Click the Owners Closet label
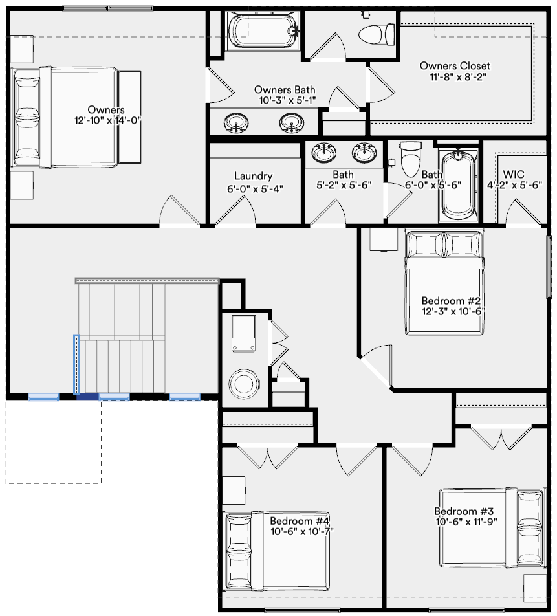(x=455, y=66)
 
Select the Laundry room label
(x=253, y=176)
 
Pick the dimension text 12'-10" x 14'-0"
(x=107, y=120)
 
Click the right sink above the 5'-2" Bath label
(x=364, y=153)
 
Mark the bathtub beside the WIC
(x=458, y=184)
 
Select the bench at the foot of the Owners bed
(x=129, y=116)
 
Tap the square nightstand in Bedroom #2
(x=383, y=239)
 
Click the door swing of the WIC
(x=523, y=212)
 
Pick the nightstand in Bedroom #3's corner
(x=535, y=588)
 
